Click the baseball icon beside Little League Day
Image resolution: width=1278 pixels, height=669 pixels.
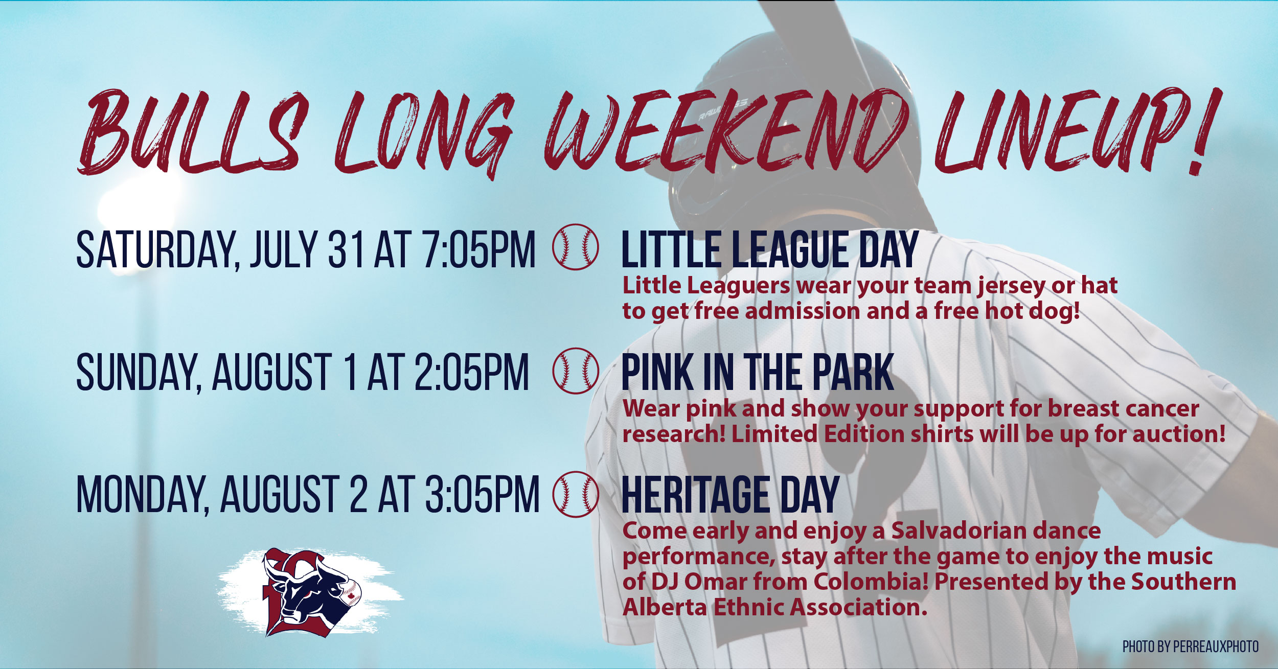click(575, 247)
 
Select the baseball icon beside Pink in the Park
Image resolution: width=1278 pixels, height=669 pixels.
click(575, 371)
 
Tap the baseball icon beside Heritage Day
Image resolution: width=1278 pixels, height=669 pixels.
click(575, 494)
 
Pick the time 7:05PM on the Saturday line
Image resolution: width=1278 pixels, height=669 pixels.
click(480, 249)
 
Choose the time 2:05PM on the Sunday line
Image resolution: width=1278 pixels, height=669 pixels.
click(471, 372)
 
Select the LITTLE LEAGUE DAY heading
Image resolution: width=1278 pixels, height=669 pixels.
click(770, 249)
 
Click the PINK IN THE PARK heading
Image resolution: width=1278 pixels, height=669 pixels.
click(758, 372)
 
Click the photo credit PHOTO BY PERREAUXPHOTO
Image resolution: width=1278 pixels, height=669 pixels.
click(1191, 647)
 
